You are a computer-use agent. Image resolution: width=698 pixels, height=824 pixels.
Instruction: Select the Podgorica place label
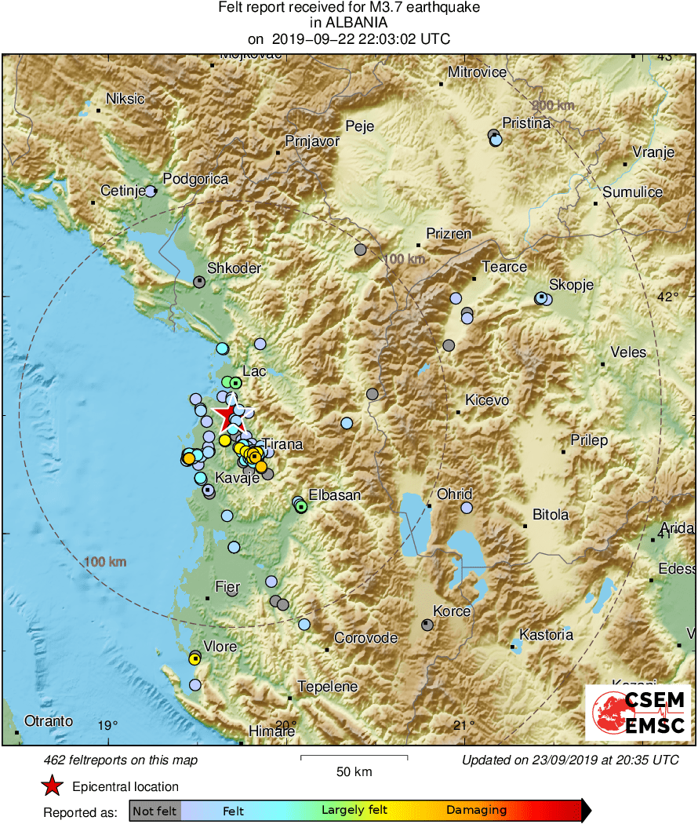196,179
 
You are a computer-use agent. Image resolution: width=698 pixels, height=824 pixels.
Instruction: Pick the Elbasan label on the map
335,495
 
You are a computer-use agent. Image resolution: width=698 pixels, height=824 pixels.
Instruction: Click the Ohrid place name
454,494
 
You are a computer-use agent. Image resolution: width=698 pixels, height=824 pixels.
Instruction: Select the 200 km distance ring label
552,106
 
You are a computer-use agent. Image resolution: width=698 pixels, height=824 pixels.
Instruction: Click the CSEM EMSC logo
638,712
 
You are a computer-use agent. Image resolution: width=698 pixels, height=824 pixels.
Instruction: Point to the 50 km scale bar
354,758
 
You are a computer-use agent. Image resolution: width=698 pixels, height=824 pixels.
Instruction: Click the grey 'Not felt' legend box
155,811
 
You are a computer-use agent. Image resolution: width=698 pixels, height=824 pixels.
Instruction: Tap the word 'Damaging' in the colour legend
476,811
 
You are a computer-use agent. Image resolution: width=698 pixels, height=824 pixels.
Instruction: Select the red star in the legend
52,786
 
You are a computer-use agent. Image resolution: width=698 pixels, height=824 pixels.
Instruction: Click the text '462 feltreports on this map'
121,760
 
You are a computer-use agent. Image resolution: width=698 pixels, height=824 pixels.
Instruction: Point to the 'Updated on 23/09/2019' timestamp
569,760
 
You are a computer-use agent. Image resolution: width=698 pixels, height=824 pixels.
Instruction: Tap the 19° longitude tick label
108,725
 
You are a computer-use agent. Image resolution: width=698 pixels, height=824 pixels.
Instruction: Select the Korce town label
452,611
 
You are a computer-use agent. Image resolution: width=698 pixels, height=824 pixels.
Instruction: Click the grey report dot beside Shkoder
199,281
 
